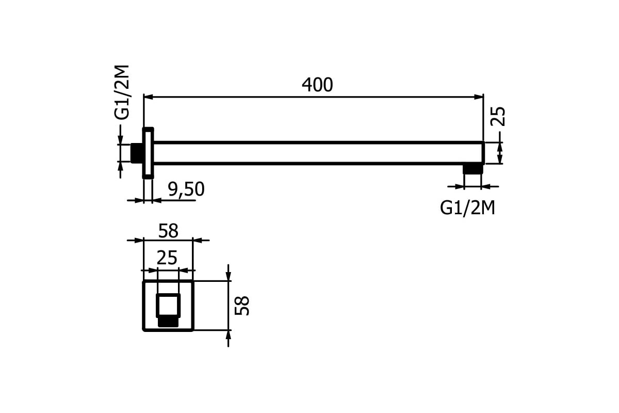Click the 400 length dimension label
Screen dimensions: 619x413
tap(317, 85)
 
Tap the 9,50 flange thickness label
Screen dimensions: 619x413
tap(186, 189)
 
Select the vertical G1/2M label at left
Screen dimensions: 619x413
tap(122, 92)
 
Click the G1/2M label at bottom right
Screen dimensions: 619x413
tap(467, 208)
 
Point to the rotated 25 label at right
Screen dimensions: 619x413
tap(498, 117)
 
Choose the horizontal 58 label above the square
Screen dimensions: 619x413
tap(168, 231)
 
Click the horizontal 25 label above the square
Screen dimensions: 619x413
tap(167, 258)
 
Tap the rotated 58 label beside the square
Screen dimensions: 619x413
tap(242, 306)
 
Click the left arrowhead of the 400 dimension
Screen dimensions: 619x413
tap(149, 97)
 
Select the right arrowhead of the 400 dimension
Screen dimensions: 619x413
tap(479, 97)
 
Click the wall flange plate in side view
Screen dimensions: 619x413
tap(148, 153)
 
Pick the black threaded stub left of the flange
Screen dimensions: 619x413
tap(136, 153)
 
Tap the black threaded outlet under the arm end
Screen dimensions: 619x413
tap(473, 169)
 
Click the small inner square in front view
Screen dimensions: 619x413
tap(168, 306)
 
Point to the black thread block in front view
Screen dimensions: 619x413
tap(168, 322)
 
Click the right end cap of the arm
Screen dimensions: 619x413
tap(483, 153)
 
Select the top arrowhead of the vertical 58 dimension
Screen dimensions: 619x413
tap(228, 276)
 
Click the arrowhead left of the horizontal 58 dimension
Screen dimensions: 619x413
tap(139, 241)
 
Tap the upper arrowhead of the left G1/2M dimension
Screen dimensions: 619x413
tap(120, 140)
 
